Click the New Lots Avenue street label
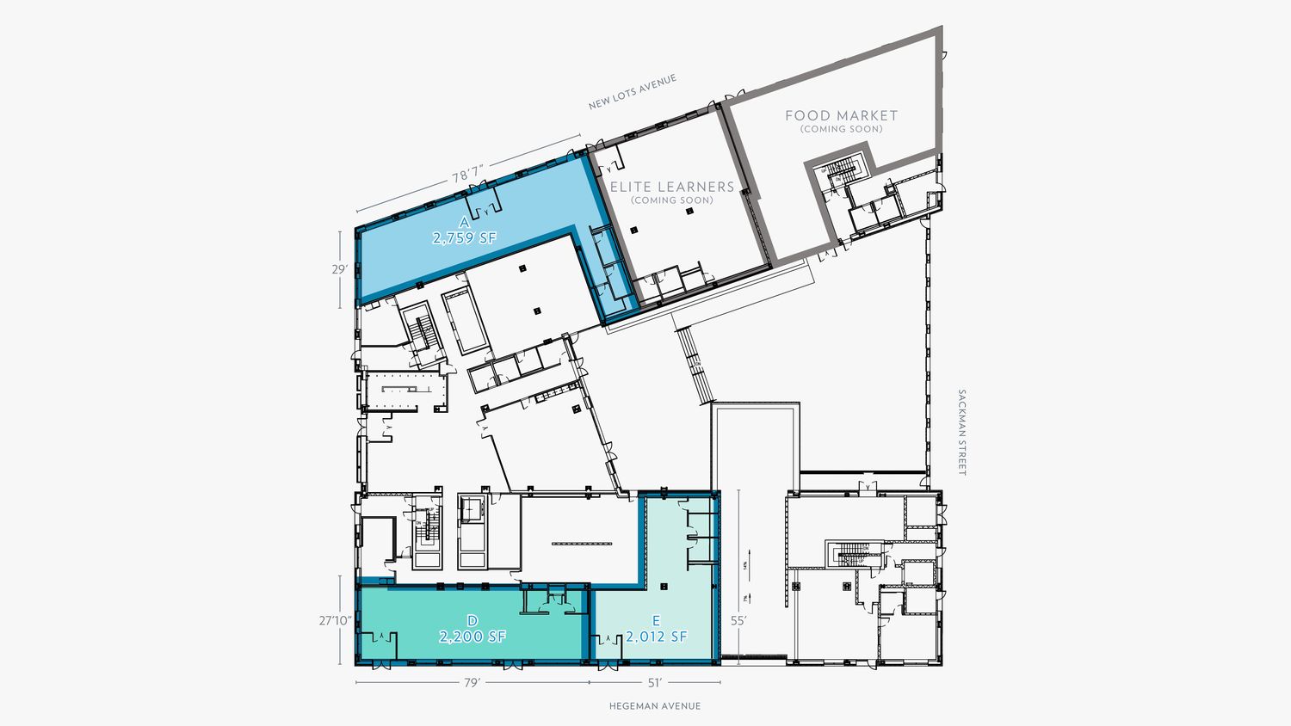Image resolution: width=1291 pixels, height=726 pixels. tap(632, 93)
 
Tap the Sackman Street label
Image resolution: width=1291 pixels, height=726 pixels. tap(961, 433)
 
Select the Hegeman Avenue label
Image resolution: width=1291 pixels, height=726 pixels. tap(654, 706)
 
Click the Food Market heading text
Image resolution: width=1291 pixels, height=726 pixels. tap(841, 115)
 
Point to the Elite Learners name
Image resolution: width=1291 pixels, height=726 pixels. tap(672, 187)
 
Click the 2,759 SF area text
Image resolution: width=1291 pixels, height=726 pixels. tap(465, 238)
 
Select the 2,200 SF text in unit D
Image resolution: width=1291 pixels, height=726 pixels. tap(472, 637)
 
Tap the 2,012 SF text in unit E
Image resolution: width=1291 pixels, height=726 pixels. tap(656, 637)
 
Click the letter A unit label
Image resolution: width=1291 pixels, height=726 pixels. tap(464, 222)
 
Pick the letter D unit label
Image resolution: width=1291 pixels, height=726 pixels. tap(472, 620)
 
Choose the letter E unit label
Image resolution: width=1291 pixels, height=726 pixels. tap(656, 620)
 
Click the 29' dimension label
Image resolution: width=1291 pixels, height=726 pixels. tap(340, 269)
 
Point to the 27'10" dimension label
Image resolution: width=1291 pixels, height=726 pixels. tap(335, 620)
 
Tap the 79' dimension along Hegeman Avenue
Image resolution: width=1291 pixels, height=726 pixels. tap(472, 683)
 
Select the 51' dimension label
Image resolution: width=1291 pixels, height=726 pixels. tap(654, 683)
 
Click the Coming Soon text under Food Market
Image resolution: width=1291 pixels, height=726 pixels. tap(841, 130)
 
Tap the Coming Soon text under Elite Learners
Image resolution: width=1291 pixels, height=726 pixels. tap(671, 200)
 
